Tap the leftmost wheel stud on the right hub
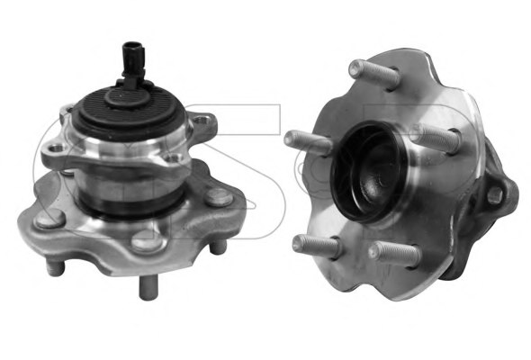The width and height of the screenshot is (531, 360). [x=302, y=142]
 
